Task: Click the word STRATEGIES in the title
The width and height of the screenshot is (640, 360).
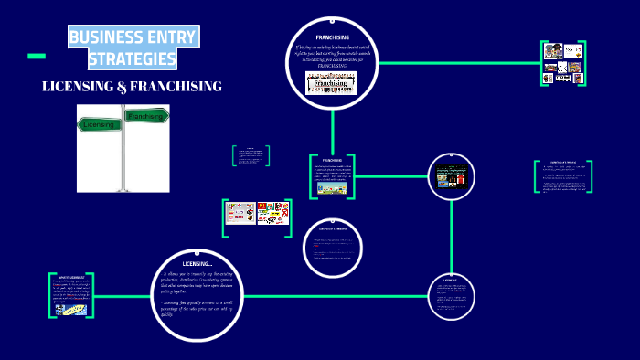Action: click(x=133, y=59)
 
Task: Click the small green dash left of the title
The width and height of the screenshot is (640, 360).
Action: click(x=37, y=57)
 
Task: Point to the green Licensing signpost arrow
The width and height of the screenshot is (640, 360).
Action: click(x=98, y=123)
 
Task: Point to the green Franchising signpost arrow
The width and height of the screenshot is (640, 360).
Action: click(x=146, y=116)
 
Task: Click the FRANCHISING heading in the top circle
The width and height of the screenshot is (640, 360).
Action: click(x=332, y=37)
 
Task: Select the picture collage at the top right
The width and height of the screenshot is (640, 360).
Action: click(x=562, y=63)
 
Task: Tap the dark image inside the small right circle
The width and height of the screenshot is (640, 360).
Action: click(x=451, y=176)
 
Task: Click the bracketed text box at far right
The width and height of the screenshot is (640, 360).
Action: click(x=562, y=176)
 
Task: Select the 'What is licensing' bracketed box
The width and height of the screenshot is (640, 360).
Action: click(x=71, y=293)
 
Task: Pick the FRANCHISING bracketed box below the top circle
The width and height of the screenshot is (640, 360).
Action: click(x=332, y=176)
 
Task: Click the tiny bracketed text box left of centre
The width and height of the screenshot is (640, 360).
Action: click(x=251, y=155)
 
